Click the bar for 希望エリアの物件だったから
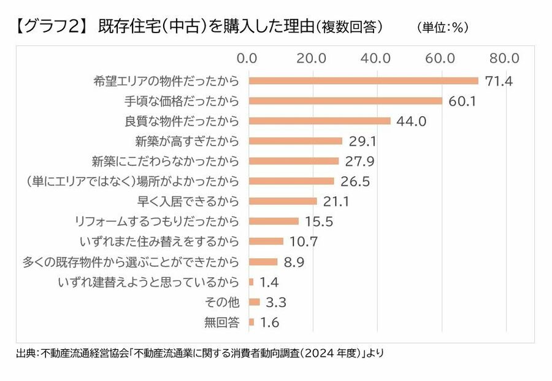(x=364, y=81)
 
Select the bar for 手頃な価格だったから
(x=345, y=101)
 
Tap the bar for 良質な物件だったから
(x=320, y=121)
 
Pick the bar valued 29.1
(x=296, y=141)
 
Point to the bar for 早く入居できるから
(x=283, y=201)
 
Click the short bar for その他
(x=255, y=302)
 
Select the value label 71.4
(x=499, y=81)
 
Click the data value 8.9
(x=294, y=262)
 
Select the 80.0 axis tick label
(x=504, y=58)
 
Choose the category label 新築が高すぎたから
(x=187, y=141)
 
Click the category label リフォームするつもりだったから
(x=156, y=221)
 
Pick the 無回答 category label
(x=221, y=322)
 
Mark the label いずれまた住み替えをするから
(x=159, y=242)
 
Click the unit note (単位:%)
(x=442, y=28)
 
